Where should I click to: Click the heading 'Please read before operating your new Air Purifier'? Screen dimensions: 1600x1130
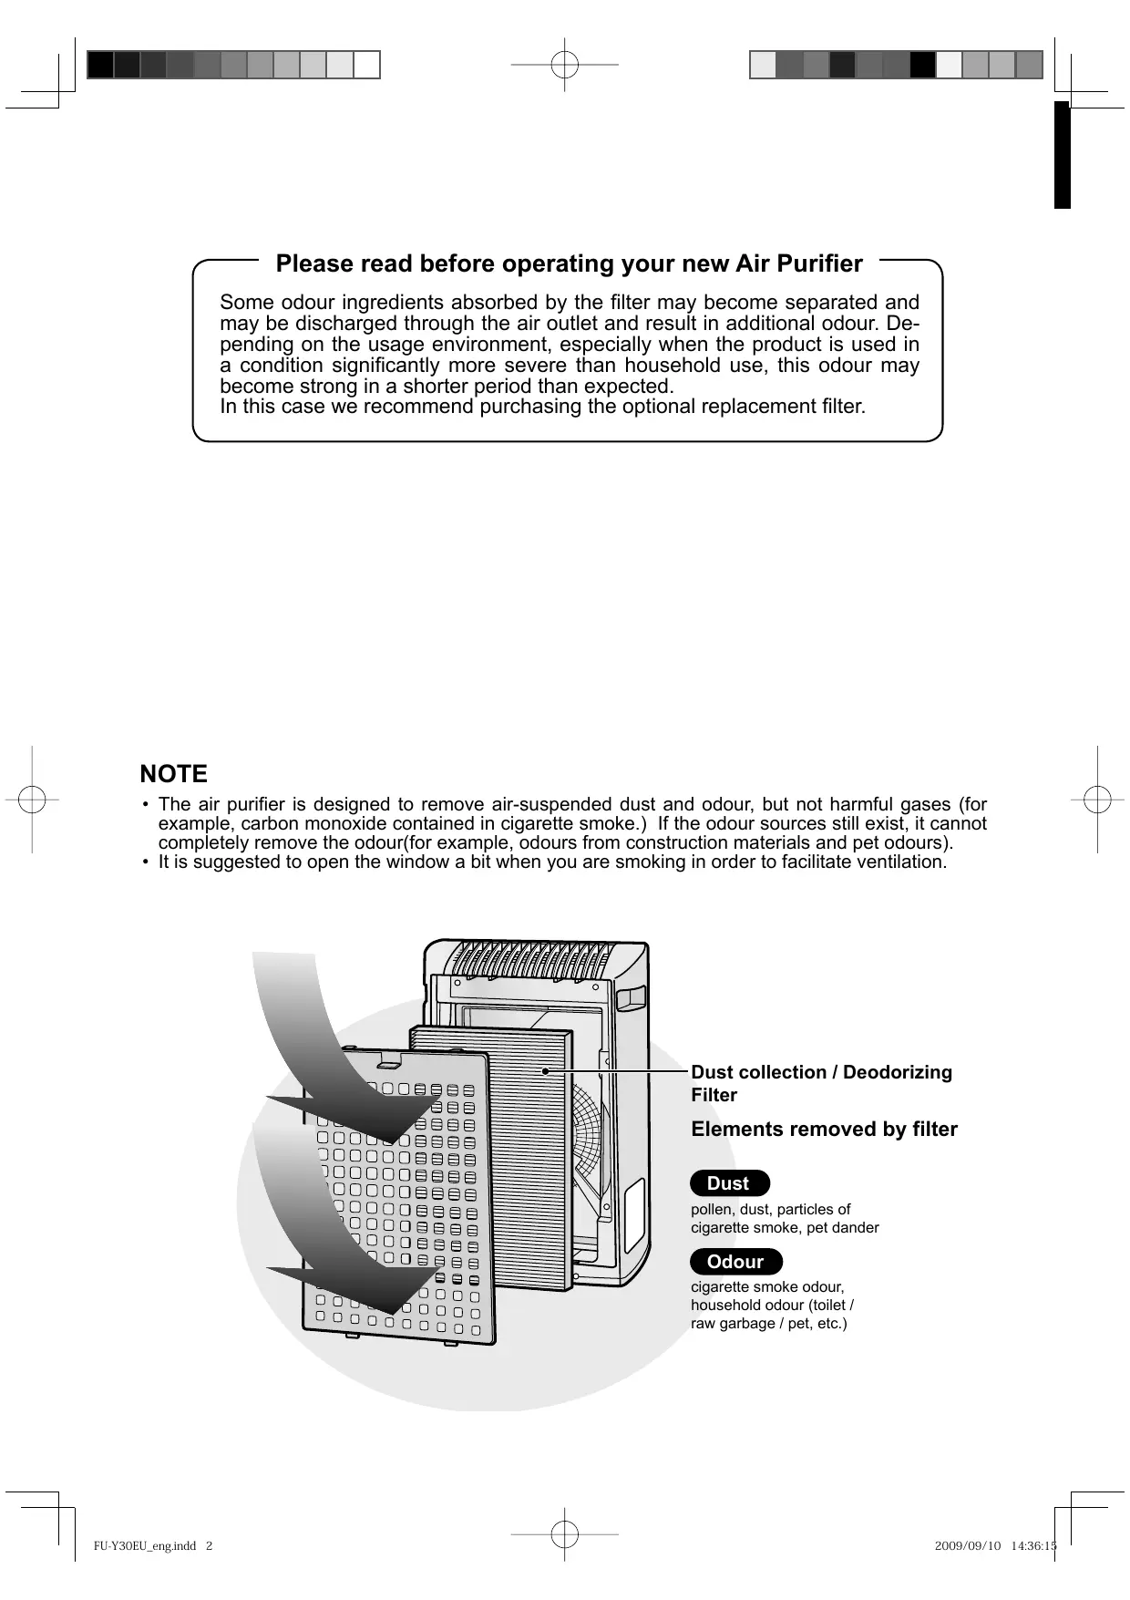tap(569, 264)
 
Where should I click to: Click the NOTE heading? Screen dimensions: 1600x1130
tap(174, 774)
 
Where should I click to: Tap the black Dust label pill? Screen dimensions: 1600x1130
tap(729, 1183)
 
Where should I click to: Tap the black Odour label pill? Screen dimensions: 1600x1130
tap(735, 1262)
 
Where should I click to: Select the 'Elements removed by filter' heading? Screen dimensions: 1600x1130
tap(824, 1130)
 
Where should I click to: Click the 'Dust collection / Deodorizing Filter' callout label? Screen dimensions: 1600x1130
tap(821, 1083)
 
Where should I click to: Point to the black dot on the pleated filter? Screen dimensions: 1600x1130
tap(545, 1071)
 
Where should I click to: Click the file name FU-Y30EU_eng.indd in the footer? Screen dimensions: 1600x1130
tap(146, 1546)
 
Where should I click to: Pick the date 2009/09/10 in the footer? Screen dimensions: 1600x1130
tap(968, 1546)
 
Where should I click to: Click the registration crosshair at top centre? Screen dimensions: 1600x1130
tap(565, 66)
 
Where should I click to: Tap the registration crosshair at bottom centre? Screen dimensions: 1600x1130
tap(565, 1535)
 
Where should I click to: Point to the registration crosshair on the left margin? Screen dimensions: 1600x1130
tap(32, 800)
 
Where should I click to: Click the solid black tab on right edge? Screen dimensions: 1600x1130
tap(1062, 155)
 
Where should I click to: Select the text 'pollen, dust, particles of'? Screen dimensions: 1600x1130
tap(770, 1210)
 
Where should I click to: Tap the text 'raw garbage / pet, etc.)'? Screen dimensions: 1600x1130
tap(768, 1323)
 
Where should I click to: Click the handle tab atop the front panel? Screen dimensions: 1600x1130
tap(389, 1060)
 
